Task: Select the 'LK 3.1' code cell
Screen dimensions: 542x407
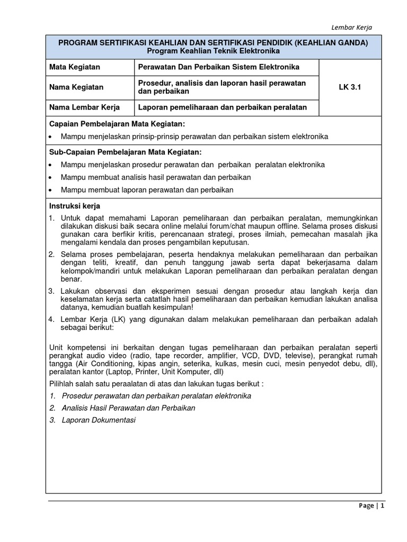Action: (349, 87)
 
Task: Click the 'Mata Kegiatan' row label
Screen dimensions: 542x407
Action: (74, 67)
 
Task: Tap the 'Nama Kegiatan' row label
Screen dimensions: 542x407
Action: (76, 87)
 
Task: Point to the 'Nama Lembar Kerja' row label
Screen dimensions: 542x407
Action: (84, 107)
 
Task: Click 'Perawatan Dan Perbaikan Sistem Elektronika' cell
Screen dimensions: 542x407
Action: (218, 67)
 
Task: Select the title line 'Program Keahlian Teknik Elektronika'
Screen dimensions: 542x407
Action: (213, 51)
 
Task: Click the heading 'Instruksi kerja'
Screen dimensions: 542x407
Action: (74, 206)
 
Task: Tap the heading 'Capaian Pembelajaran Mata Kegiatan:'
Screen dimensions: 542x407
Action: (117, 124)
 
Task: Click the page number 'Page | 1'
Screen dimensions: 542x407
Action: (371, 505)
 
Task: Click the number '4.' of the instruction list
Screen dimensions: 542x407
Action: (52, 319)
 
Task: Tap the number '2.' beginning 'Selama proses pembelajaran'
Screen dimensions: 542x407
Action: (52, 255)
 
